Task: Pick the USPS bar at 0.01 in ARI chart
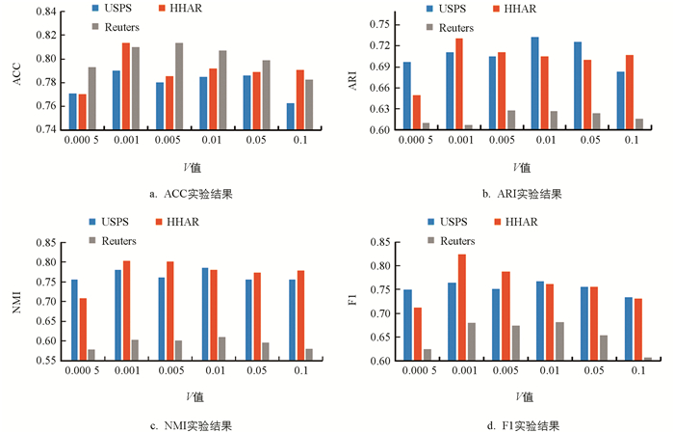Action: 534,83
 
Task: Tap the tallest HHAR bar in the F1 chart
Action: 461,307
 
